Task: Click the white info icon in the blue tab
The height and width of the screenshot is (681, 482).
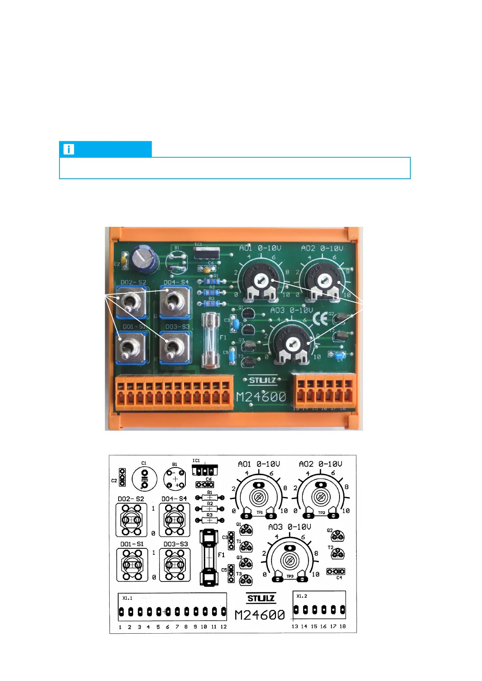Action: click(x=69, y=149)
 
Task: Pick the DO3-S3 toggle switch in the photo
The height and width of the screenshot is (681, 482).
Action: click(x=174, y=347)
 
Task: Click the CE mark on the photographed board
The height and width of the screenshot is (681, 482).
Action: click(x=320, y=319)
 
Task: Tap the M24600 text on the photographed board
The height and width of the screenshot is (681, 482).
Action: click(x=261, y=397)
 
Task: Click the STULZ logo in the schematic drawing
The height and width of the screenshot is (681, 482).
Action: click(x=261, y=599)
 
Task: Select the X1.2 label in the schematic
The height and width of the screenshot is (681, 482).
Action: click(x=302, y=596)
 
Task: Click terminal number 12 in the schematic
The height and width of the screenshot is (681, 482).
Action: click(x=223, y=627)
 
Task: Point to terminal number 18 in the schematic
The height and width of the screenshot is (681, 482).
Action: click(x=342, y=626)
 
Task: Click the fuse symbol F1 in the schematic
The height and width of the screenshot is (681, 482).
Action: click(x=209, y=557)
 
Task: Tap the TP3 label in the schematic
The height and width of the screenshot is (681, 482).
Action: click(x=290, y=576)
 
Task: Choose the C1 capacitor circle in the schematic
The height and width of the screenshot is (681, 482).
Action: click(x=144, y=478)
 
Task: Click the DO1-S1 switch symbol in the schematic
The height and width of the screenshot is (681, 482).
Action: click(x=132, y=565)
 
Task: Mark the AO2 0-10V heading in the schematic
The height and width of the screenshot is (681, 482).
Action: click(x=320, y=464)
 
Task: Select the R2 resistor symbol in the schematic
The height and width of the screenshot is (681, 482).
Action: click(x=210, y=509)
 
